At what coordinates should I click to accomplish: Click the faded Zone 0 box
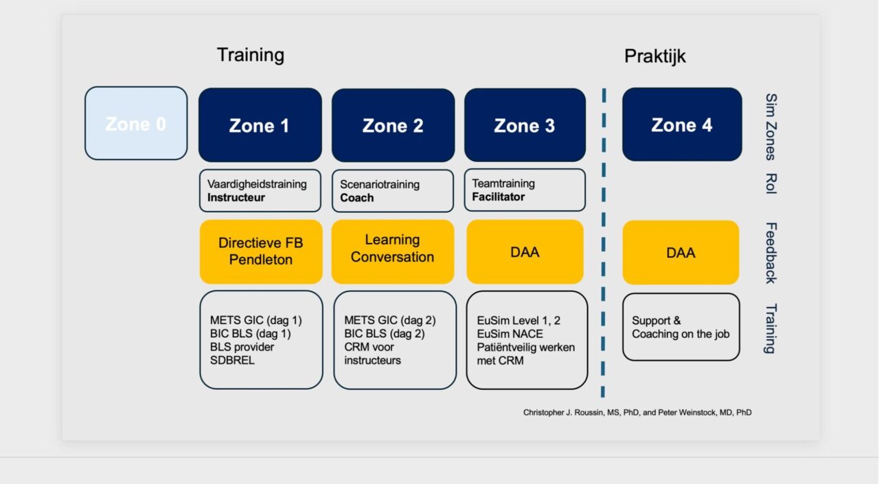point(136,124)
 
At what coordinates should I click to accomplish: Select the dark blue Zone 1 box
point(260,125)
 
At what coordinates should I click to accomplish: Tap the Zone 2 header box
point(393,125)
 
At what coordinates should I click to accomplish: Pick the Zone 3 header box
point(525,125)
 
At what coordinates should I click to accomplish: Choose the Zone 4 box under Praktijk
point(682,124)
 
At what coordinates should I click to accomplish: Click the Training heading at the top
point(251,55)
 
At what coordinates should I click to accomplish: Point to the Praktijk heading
point(654,56)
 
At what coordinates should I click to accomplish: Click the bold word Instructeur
point(236,198)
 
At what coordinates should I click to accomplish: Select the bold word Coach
point(357,198)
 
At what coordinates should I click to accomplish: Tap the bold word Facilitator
point(499,197)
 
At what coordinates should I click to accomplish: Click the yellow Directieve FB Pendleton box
point(261,251)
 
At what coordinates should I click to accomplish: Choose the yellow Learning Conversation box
point(392,249)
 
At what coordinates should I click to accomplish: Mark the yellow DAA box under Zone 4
point(681,253)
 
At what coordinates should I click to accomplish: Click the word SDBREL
point(232,360)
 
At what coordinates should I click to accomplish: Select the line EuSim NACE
point(510,334)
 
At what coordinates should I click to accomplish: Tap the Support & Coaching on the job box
point(681,327)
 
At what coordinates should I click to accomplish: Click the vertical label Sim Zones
point(770,127)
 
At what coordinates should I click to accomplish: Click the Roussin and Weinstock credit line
point(637,413)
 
